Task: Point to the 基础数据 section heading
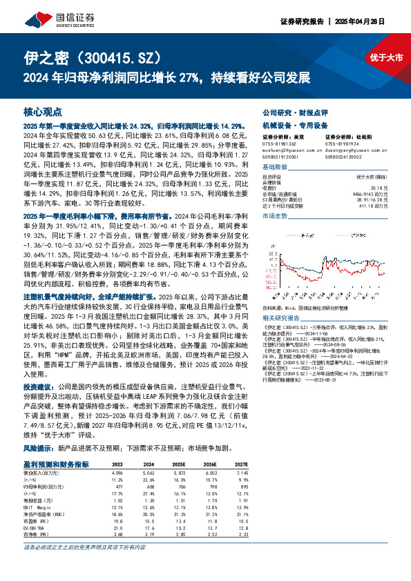(275, 168)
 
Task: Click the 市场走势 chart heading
(275, 235)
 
